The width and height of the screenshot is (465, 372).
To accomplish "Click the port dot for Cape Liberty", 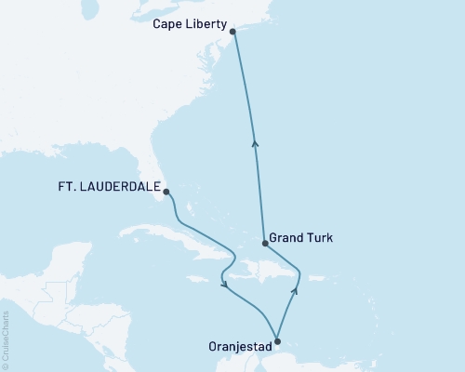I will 232,32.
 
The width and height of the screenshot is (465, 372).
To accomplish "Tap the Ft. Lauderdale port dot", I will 166,193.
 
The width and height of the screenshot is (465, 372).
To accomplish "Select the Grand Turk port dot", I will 265,244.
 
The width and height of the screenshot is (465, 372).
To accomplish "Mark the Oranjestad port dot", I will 276,339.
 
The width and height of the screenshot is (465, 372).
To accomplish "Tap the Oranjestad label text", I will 238,349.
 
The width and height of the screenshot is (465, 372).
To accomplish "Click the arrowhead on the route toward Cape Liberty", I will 256,142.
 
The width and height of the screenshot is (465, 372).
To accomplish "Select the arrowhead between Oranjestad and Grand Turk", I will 295,290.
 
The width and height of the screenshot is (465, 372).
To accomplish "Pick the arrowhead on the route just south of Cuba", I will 225,285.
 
